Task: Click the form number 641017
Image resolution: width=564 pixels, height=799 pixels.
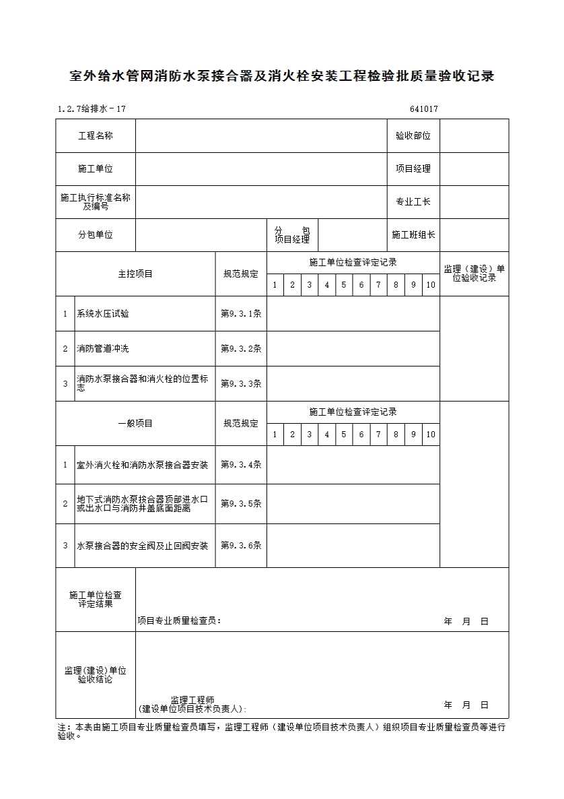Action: click(x=423, y=109)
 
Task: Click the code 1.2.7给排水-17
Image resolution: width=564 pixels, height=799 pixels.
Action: click(x=92, y=109)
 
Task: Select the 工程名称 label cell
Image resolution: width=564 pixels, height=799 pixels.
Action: click(x=96, y=136)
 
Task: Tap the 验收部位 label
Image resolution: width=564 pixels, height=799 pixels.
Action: click(x=413, y=136)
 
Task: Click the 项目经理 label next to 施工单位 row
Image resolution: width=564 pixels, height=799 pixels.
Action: click(x=413, y=169)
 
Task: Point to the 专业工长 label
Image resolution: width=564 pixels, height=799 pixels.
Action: click(x=413, y=202)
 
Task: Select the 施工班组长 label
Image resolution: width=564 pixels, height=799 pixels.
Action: click(x=413, y=235)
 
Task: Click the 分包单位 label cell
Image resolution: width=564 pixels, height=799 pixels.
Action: click(x=96, y=235)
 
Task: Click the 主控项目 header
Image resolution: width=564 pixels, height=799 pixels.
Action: click(x=135, y=274)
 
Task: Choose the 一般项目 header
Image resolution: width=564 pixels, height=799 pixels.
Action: click(x=135, y=424)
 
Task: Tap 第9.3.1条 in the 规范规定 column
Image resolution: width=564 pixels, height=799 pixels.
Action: click(x=241, y=314)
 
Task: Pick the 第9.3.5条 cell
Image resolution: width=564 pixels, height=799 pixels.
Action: click(x=241, y=504)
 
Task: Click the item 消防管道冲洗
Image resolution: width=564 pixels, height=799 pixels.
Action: click(x=103, y=349)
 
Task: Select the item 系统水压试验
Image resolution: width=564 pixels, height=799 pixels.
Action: click(x=103, y=314)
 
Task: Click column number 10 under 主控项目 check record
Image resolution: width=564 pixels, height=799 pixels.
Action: click(x=431, y=285)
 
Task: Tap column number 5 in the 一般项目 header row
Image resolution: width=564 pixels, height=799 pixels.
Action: click(x=344, y=435)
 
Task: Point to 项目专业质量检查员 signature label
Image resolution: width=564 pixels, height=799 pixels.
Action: click(x=179, y=621)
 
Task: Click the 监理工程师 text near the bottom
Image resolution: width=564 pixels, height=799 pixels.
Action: click(x=192, y=701)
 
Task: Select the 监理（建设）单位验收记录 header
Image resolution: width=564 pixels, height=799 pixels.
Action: click(x=474, y=274)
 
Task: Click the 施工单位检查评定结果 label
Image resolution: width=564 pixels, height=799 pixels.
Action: click(x=96, y=600)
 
